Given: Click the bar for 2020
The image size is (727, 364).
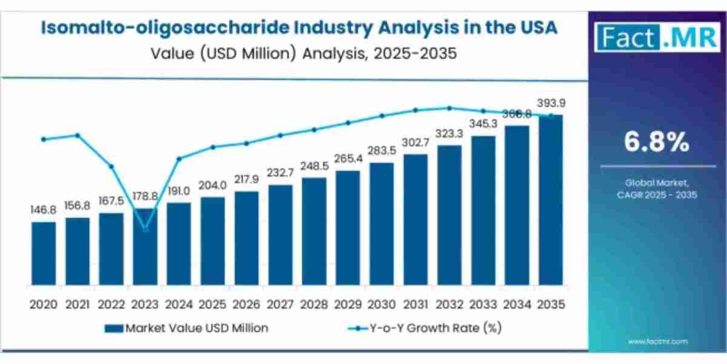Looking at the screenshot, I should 44,254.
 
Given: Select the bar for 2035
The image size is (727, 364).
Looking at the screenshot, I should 551,200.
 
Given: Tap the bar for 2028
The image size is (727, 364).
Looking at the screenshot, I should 314,231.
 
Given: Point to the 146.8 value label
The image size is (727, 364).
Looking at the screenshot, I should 44,210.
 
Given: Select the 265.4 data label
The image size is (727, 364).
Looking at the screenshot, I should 348,159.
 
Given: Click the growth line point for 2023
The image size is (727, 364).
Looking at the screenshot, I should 145,229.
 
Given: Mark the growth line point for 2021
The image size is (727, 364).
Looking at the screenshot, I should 78,135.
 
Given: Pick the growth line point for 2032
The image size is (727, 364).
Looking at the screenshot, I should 450,108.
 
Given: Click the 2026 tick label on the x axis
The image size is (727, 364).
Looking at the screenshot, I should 246,304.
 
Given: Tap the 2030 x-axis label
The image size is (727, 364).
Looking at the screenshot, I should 382,304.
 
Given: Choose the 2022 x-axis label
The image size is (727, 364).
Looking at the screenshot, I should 111,304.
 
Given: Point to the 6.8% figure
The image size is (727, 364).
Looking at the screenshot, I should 657,143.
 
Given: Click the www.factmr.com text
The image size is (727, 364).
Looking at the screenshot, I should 657,342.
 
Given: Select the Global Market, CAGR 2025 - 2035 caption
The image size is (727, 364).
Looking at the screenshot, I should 657,189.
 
